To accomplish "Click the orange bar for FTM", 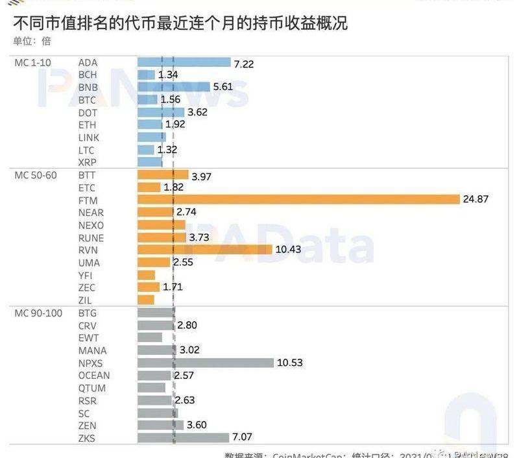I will click(298, 200).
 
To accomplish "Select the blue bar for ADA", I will click(184, 62).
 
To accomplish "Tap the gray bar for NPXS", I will click(206, 363).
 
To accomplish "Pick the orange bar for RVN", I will click(205, 250).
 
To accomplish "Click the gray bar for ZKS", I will click(184, 438).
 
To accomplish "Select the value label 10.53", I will click(289, 363).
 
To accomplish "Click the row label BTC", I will click(87, 100).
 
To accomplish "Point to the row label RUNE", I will click(90, 237).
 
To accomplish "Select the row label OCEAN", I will click(94, 376).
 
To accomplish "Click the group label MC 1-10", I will click(34, 62).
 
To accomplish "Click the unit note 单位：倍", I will click(31, 41).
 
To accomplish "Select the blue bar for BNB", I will click(174, 87).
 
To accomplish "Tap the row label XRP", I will click(87, 162).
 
